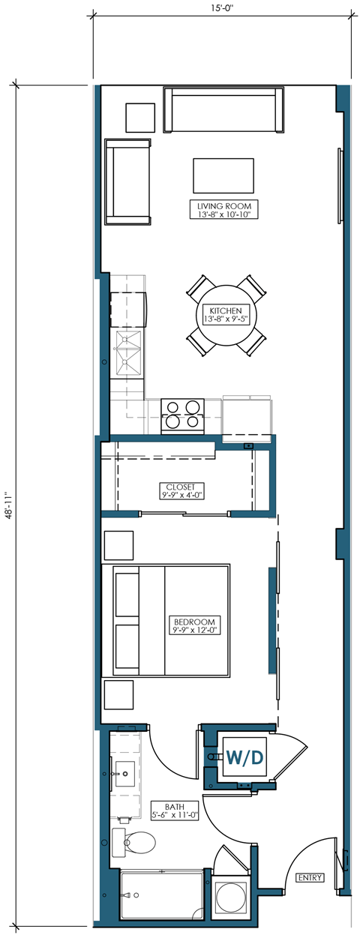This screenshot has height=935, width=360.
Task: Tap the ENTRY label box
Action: pyautogui.click(x=309, y=877)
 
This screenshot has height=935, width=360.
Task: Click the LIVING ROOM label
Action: pyautogui.click(x=223, y=210)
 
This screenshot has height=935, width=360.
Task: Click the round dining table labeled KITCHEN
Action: pyautogui.click(x=224, y=315)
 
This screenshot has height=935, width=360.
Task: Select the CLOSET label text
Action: pyautogui.click(x=181, y=490)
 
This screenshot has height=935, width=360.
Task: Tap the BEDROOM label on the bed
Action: pyautogui.click(x=194, y=625)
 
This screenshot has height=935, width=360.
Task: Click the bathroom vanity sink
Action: pyautogui.click(x=124, y=772)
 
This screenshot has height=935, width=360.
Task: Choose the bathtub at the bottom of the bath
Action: pyautogui.click(x=161, y=897)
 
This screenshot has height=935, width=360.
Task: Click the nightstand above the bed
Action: pyautogui.click(x=118, y=545)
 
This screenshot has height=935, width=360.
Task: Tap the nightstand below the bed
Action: pyautogui.click(x=118, y=695)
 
